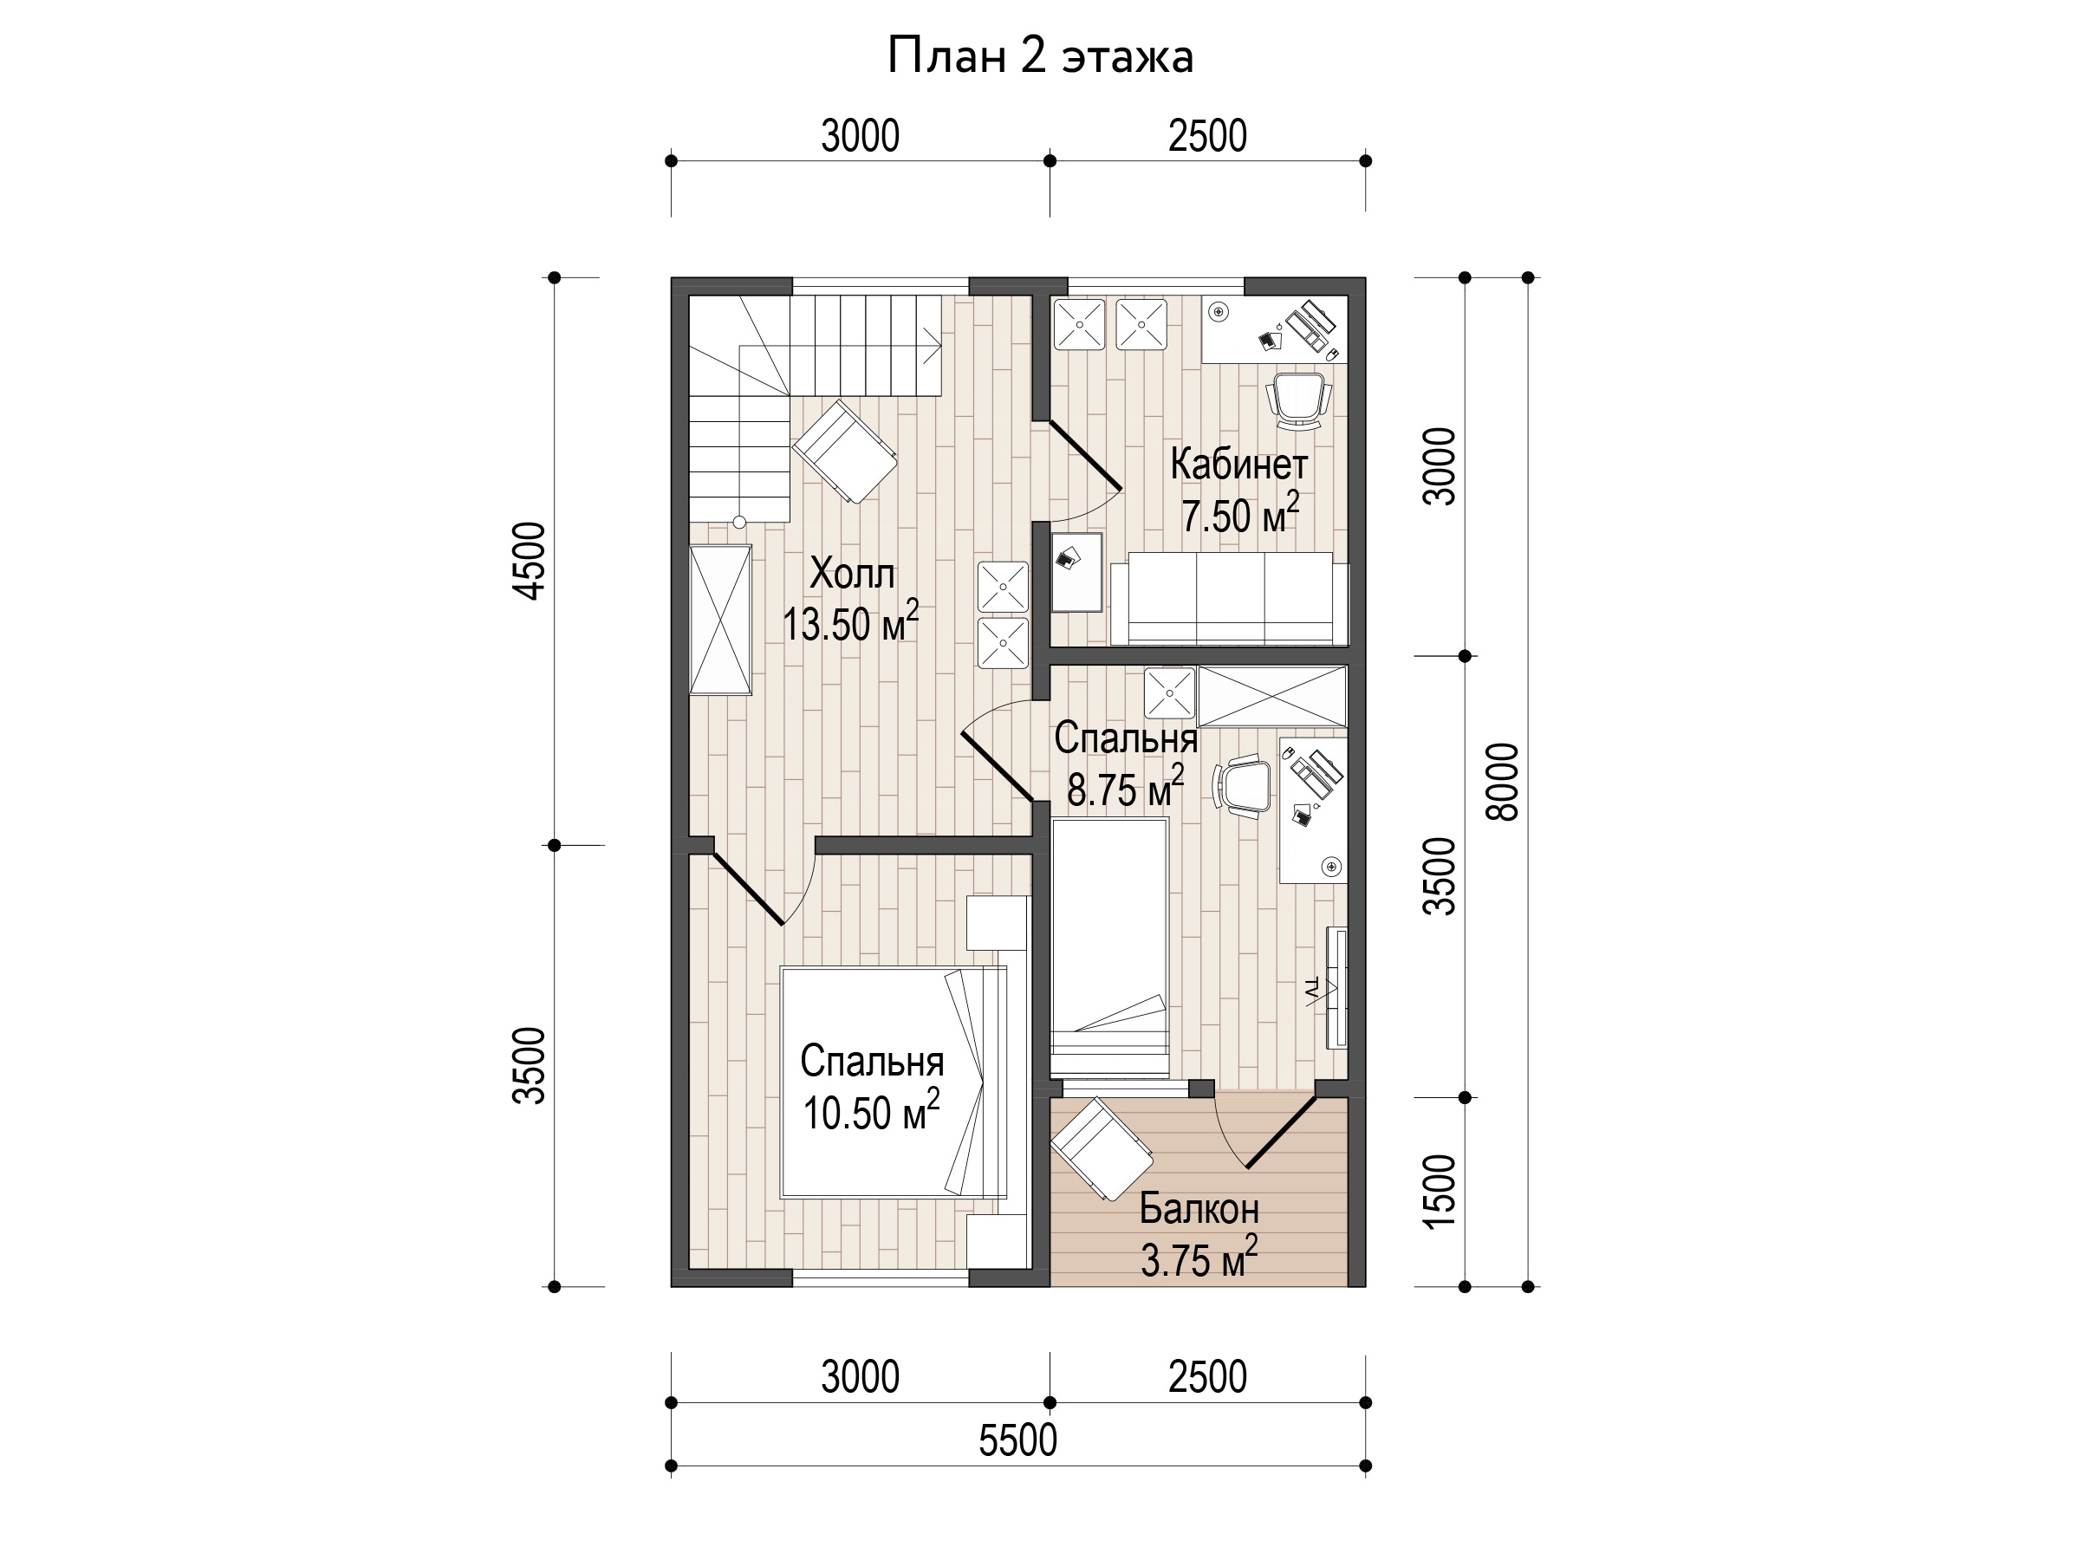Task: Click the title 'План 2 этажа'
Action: point(1040,56)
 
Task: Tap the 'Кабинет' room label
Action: point(1238,464)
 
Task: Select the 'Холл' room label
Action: point(852,574)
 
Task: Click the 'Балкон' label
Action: point(1199,1208)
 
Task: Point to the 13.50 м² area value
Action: point(851,622)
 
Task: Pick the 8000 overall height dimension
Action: point(1504,783)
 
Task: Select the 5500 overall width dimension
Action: point(1017,1440)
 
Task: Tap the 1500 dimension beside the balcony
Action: point(1440,1192)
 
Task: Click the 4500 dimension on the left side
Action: point(530,562)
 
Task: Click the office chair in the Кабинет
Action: point(1298,400)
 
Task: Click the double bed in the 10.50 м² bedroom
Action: point(894,1082)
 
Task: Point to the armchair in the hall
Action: point(844,452)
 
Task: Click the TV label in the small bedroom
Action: point(1313,987)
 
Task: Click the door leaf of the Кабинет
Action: point(1085,456)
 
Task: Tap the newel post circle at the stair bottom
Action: point(739,522)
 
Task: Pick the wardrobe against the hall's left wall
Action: point(720,620)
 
